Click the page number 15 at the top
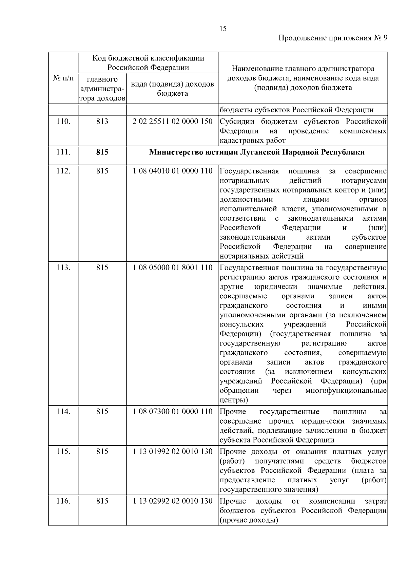tap(223, 29)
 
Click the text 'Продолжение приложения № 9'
tap(333, 38)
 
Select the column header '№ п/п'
tap(63, 78)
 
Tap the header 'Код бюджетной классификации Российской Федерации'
tap(148, 62)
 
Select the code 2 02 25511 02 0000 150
tap(172, 121)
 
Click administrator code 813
tap(102, 121)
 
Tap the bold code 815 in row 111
tap(102, 152)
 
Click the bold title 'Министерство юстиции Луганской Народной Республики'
tap(257, 152)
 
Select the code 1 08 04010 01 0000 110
tap(172, 171)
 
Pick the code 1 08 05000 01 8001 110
tap(172, 267)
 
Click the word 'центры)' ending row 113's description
tap(234, 400)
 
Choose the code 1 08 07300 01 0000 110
tap(172, 411)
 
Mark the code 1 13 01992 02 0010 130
tap(172, 451)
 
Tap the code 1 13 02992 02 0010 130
tap(172, 501)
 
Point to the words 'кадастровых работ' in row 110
tap(252, 140)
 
